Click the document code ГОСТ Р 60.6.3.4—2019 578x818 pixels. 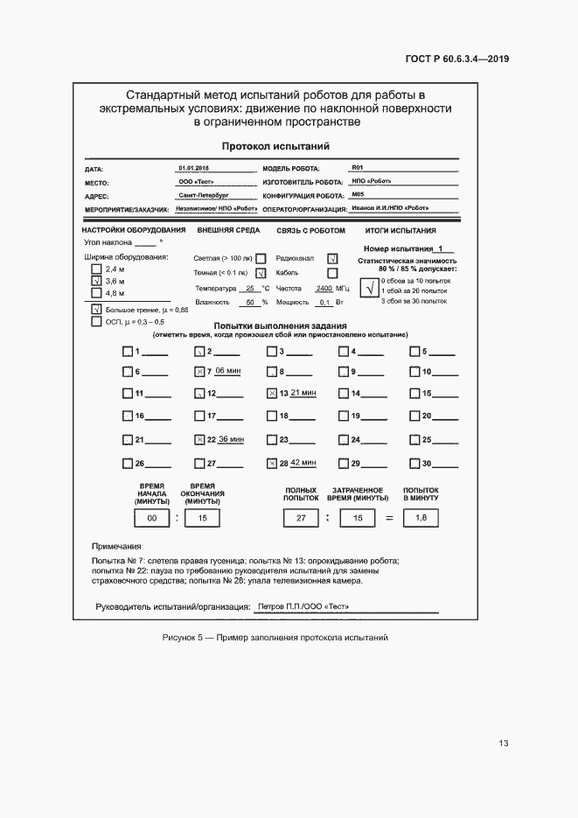tap(457, 59)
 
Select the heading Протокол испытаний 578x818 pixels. tap(275, 147)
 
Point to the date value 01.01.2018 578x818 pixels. tap(193, 167)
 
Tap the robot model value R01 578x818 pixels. tap(357, 167)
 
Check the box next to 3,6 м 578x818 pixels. tap(96, 282)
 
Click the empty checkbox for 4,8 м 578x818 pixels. tap(96, 294)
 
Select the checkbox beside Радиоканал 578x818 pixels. tap(332, 259)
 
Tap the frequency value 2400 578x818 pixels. tap(324, 288)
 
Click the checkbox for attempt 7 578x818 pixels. tap(199, 372)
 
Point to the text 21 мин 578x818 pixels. tap(303, 393)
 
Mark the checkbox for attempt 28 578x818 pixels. tap(272, 463)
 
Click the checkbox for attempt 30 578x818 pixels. tap(415, 463)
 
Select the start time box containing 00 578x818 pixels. tap(151, 519)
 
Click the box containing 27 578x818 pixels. tap(301, 519)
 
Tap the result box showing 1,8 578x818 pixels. tap(420, 519)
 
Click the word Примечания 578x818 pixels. tap(117, 545)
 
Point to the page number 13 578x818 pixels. tap(504, 744)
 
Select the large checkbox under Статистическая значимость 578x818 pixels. tap(370, 290)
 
